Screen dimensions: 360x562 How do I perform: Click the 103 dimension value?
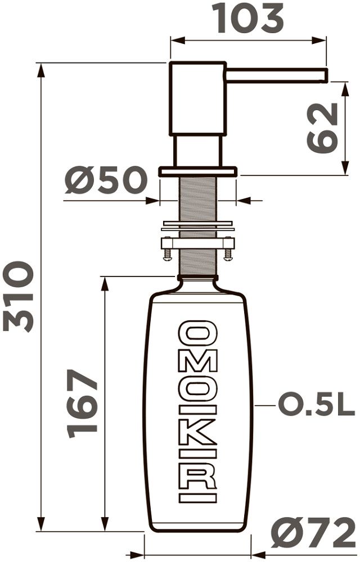pyautogui.click(x=247, y=19)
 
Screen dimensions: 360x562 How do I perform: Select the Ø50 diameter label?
pyautogui.click(x=106, y=180)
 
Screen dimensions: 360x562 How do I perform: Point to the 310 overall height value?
pyautogui.click(x=18, y=296)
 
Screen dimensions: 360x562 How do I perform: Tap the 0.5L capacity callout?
pyautogui.click(x=317, y=405)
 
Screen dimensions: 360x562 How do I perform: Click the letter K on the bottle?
pyautogui.click(x=197, y=432)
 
